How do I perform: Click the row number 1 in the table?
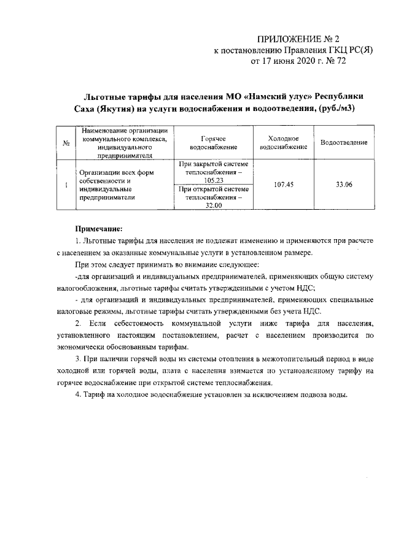[65, 185]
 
